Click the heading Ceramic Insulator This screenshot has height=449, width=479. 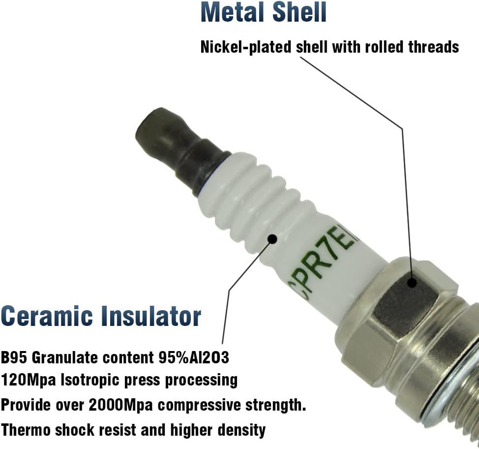(101, 316)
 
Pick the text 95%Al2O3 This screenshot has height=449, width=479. (194, 357)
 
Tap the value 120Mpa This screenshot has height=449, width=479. (29, 381)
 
